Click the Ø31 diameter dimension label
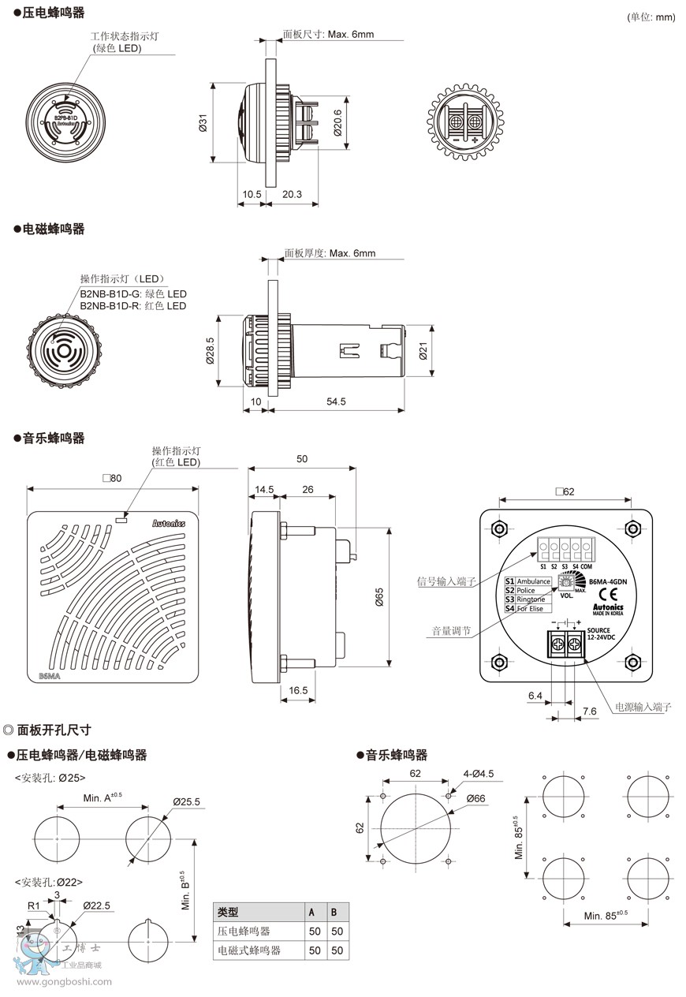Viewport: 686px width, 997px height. point(203,123)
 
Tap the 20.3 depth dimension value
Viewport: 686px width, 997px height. point(291,194)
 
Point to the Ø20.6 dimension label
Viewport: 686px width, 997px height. point(337,123)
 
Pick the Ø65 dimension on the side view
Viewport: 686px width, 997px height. point(379,597)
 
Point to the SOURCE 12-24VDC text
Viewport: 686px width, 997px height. point(603,633)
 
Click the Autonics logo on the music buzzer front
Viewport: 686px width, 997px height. point(169,522)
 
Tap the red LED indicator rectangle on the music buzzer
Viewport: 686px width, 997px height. point(121,519)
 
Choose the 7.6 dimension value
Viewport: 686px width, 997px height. point(590,711)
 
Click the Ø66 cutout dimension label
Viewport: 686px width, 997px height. point(475,798)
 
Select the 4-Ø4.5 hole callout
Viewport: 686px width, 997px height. point(478,774)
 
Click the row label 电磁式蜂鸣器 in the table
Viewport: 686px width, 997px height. point(249,950)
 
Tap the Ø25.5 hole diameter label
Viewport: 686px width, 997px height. point(186,801)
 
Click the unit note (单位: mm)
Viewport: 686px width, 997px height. point(652,17)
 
